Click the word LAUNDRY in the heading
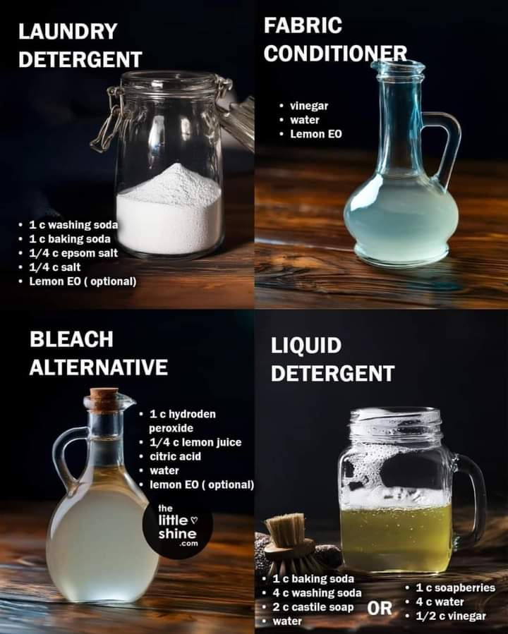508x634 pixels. (68, 32)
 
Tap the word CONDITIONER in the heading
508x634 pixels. (335, 54)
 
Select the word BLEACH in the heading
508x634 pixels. (71, 339)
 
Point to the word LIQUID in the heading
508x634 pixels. (306, 346)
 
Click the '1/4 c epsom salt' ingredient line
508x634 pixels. (73, 253)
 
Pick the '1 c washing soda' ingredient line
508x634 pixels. (73, 225)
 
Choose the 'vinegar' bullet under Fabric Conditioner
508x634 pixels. (309, 106)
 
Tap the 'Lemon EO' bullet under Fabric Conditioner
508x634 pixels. (316, 134)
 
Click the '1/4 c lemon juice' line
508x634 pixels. (195, 442)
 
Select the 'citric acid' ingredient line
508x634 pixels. (175, 456)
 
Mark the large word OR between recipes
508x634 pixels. (380, 608)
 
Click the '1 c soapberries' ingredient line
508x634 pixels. (455, 588)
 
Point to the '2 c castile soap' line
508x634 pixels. (313, 607)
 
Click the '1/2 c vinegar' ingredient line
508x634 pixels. (451, 616)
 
